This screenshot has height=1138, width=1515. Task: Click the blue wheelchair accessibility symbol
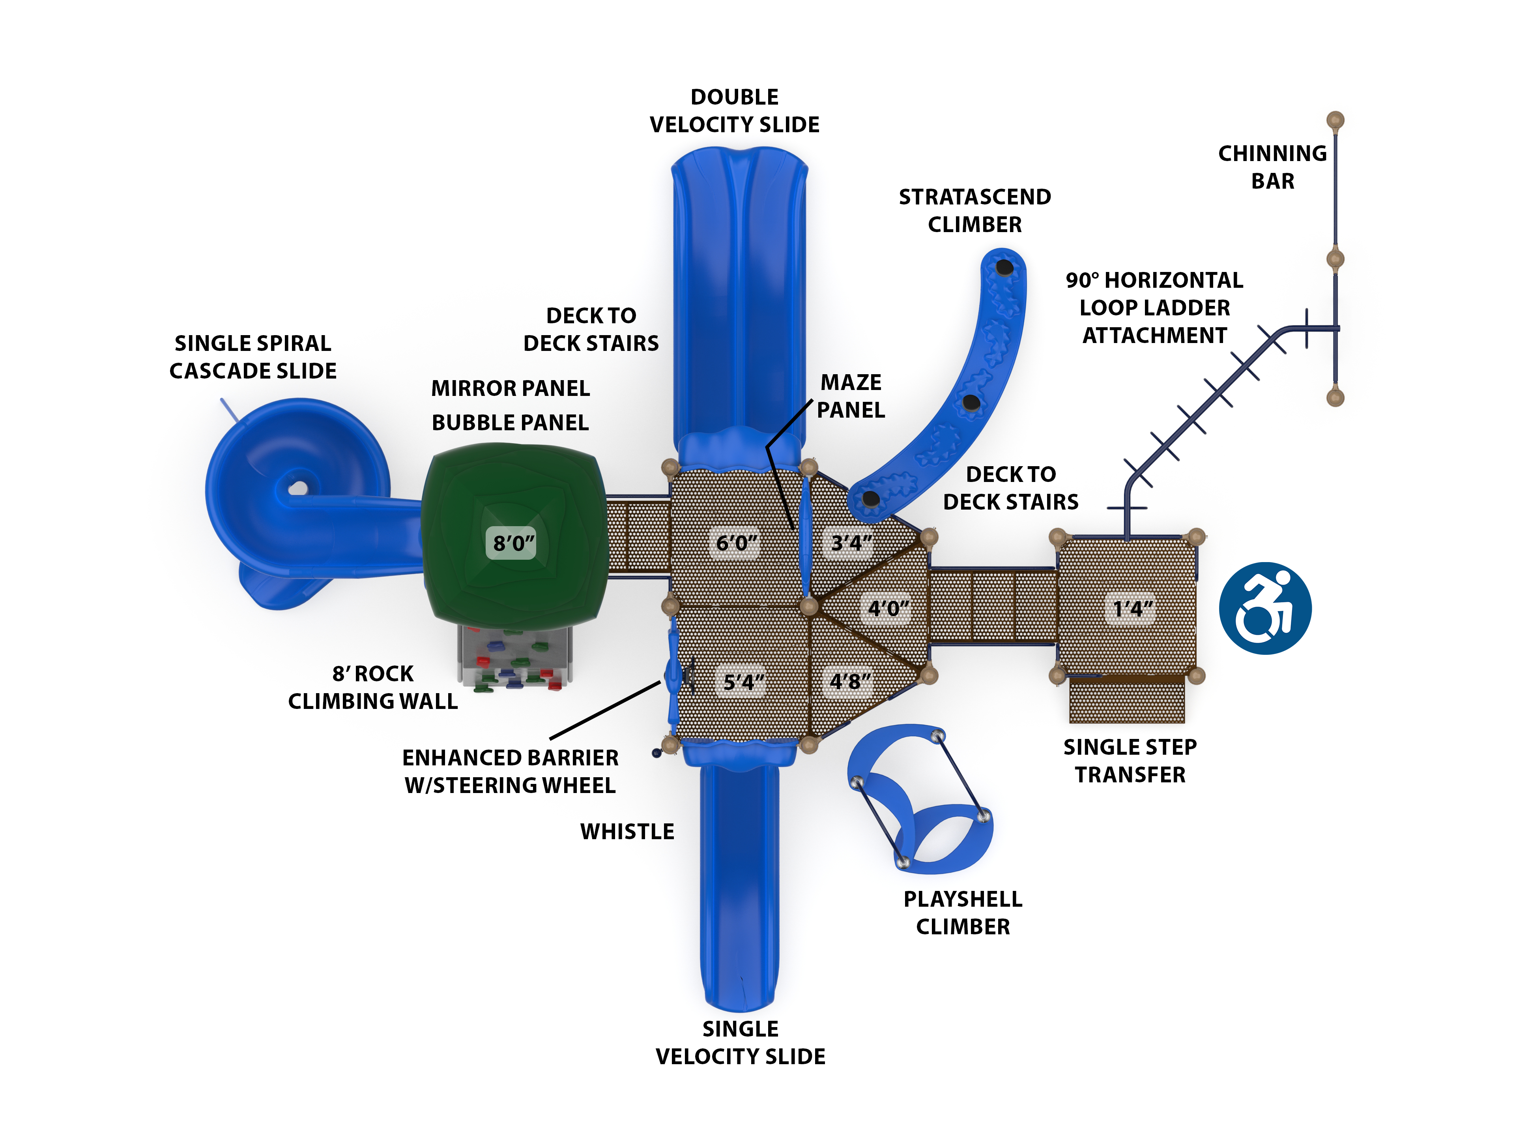tap(1264, 608)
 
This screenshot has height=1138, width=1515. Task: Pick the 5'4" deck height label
tap(744, 682)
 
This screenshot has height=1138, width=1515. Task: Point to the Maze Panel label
tap(851, 396)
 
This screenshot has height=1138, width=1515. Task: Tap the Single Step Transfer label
tap(1130, 761)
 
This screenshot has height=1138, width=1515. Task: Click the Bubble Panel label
tap(510, 423)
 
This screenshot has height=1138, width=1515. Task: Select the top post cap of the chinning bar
tap(1335, 120)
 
